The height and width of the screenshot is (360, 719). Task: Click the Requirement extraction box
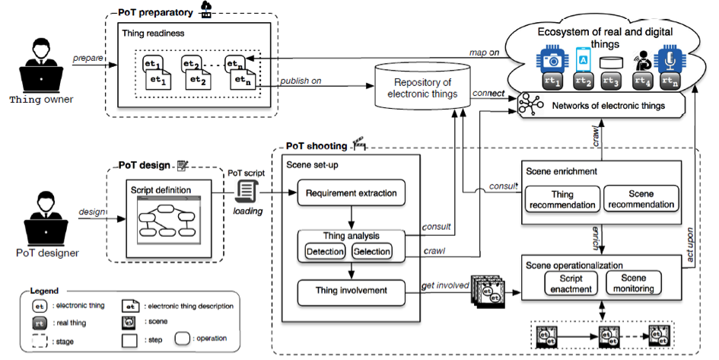351,193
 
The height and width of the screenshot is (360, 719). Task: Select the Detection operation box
324,251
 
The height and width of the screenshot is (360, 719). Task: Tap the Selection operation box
372,251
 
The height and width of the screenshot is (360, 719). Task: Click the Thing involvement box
351,290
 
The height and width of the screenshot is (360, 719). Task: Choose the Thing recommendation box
562,199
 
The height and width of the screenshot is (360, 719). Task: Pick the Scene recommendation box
641,199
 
